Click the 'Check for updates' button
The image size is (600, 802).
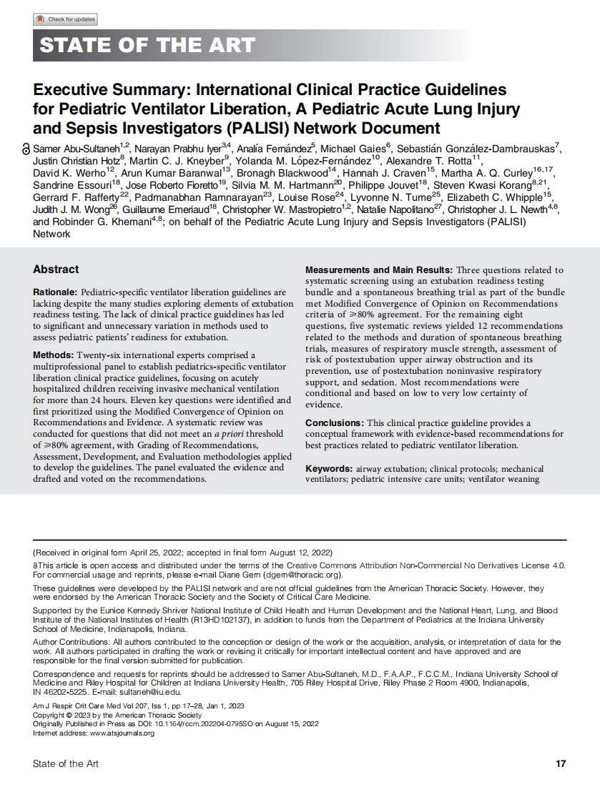click(65, 19)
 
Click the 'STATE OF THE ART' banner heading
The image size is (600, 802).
click(147, 46)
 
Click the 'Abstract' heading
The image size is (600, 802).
click(56, 269)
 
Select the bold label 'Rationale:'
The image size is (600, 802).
click(55, 293)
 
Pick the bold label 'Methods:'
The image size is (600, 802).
click(54, 355)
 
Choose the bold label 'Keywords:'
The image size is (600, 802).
click(328, 469)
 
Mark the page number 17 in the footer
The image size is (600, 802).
click(561, 763)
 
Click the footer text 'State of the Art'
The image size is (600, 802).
click(66, 763)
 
